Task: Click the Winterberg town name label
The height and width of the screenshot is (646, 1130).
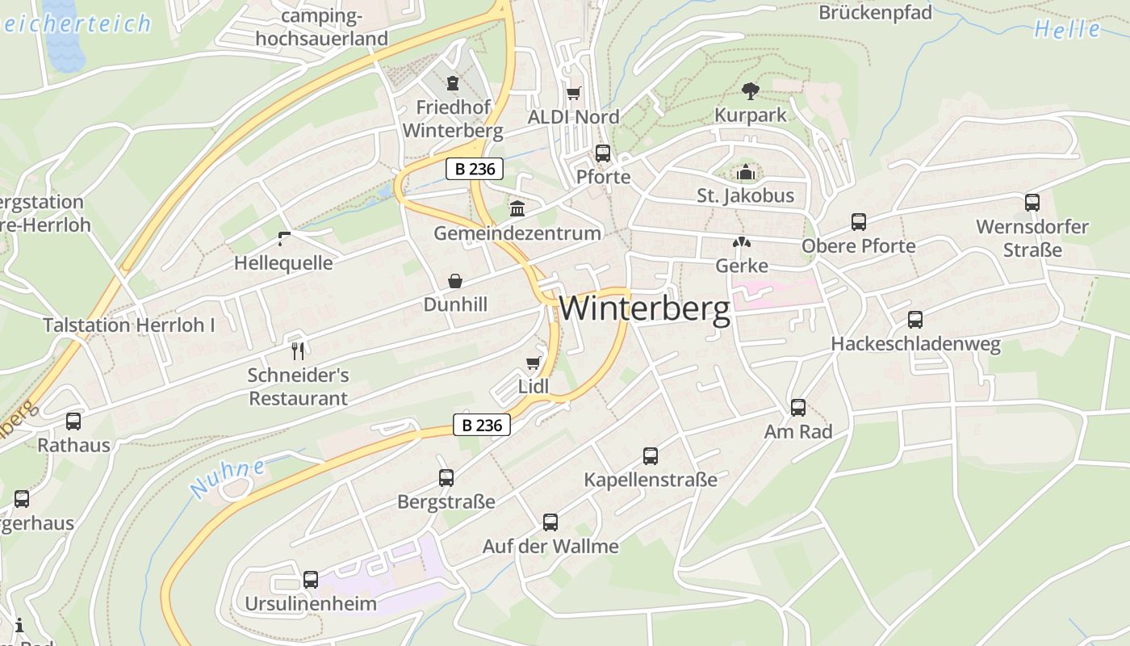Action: pos(644,308)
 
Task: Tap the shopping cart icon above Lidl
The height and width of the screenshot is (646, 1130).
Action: pos(533,362)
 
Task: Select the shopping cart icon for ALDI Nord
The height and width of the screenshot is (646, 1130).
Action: pos(574,94)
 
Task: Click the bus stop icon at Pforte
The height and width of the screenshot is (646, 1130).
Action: pos(602,153)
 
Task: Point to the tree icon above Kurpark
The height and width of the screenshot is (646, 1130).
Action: pos(750,90)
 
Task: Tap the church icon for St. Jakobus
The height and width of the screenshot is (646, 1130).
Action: pos(745,172)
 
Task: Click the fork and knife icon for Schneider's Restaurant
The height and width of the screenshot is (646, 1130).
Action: pos(298,350)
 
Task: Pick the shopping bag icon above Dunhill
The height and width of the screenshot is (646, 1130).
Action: pos(455,280)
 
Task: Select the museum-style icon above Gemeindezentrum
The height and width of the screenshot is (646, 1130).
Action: pos(517,209)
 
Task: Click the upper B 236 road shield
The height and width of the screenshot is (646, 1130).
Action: pos(475,169)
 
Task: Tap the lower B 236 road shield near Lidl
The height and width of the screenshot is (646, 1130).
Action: pos(482,425)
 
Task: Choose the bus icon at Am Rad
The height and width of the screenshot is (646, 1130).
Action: pos(798,408)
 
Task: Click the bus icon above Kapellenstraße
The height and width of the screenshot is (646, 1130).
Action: pos(651,456)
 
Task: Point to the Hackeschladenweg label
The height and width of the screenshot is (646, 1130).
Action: pos(915,344)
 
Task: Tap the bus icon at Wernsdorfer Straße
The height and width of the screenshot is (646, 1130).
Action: pos(1032,203)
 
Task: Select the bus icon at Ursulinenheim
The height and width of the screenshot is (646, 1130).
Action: pos(311,580)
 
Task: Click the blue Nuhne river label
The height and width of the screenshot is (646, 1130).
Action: pos(228,479)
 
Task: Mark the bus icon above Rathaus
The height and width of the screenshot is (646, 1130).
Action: pos(73,421)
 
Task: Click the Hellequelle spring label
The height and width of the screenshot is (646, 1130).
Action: pos(283,263)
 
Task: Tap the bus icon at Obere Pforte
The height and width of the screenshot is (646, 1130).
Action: pos(859,222)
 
